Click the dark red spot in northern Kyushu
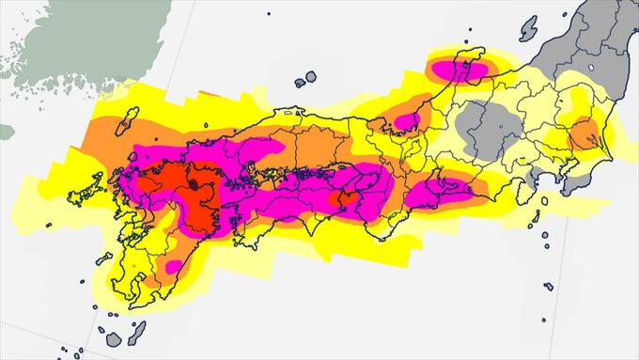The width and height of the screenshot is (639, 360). [194, 186]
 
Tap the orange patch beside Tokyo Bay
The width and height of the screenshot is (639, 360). [584, 133]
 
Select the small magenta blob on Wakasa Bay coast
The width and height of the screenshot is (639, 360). [407, 120]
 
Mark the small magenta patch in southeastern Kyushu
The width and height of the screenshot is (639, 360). [172, 267]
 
